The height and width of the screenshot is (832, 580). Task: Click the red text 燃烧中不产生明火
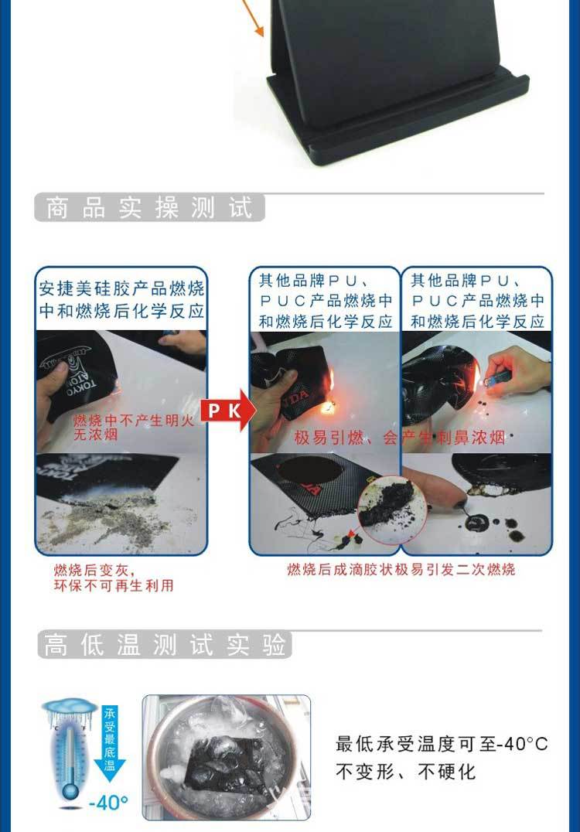point(130,420)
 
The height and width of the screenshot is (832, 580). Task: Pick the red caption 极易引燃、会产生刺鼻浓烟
point(399,438)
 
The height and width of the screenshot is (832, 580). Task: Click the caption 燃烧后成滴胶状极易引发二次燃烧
point(401,570)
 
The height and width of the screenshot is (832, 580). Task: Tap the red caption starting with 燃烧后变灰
point(113,578)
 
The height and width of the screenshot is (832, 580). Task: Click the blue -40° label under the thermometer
point(108,803)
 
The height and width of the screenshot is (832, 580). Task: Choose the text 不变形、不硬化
point(405,772)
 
